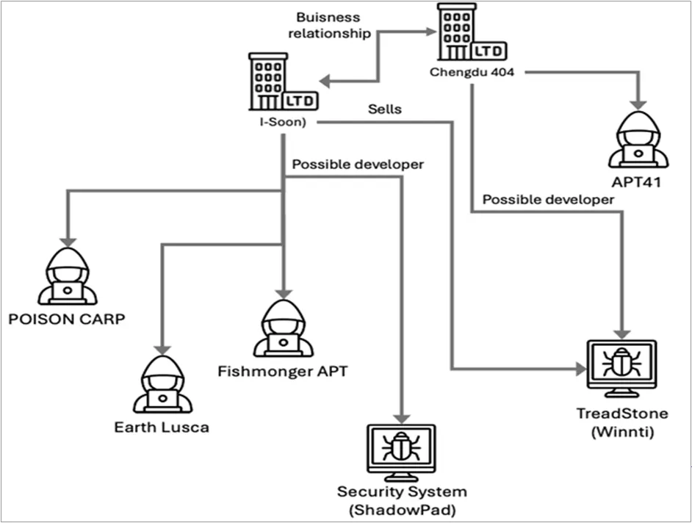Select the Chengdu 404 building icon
468,32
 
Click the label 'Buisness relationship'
330,26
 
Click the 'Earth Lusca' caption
161,427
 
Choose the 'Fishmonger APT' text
283,371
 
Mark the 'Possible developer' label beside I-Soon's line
358,164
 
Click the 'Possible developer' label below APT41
548,199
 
